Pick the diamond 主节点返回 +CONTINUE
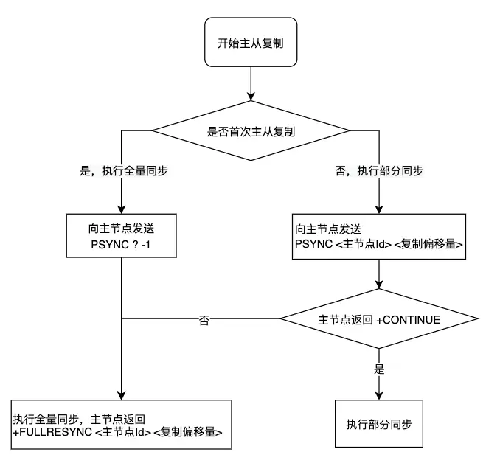point(378,320)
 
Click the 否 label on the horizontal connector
point(204,321)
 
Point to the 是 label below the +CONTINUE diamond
point(380,369)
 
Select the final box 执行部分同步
point(379,424)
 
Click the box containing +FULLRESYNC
point(121,424)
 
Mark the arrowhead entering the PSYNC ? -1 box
point(121,209)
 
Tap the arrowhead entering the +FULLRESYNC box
point(121,395)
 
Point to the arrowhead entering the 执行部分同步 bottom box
point(379,395)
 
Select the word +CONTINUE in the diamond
point(409,321)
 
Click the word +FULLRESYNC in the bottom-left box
point(52,432)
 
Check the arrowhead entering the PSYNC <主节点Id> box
point(378,209)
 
